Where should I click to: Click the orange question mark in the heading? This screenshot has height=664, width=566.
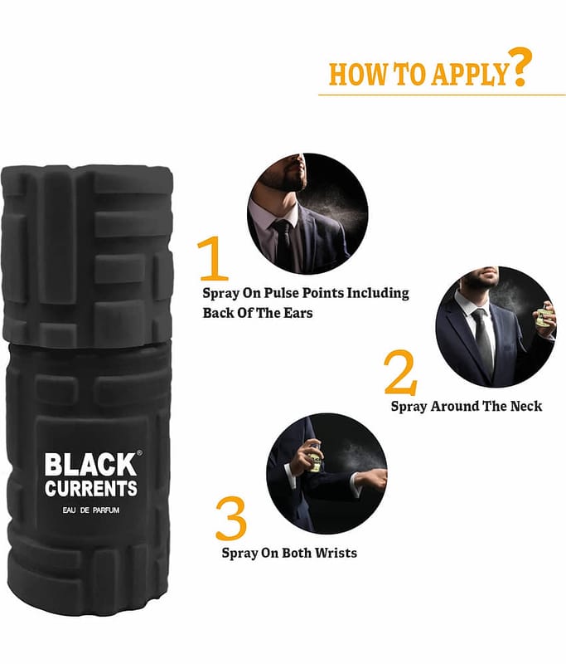click(519, 67)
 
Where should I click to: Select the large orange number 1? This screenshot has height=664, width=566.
click(213, 257)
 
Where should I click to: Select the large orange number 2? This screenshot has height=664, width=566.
click(400, 372)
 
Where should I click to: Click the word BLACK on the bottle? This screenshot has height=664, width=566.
click(90, 465)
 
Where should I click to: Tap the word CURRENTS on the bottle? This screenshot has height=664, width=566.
click(91, 488)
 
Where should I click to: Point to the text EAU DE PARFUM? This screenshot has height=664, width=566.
click(91, 510)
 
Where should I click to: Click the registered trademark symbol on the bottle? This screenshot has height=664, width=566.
click(139, 452)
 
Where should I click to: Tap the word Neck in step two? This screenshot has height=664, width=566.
click(526, 406)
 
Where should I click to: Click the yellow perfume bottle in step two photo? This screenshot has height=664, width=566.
click(544, 318)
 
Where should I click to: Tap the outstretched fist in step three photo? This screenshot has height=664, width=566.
click(375, 479)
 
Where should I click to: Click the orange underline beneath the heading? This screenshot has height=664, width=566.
click(442, 95)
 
